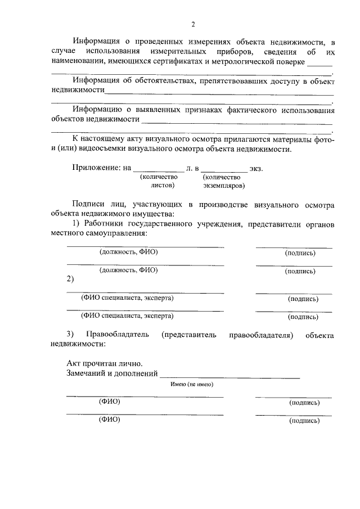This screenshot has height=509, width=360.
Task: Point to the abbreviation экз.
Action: pos(256,168)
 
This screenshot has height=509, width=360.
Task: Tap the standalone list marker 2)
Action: pos(70,279)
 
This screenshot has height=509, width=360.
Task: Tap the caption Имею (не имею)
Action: pos(192,385)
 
